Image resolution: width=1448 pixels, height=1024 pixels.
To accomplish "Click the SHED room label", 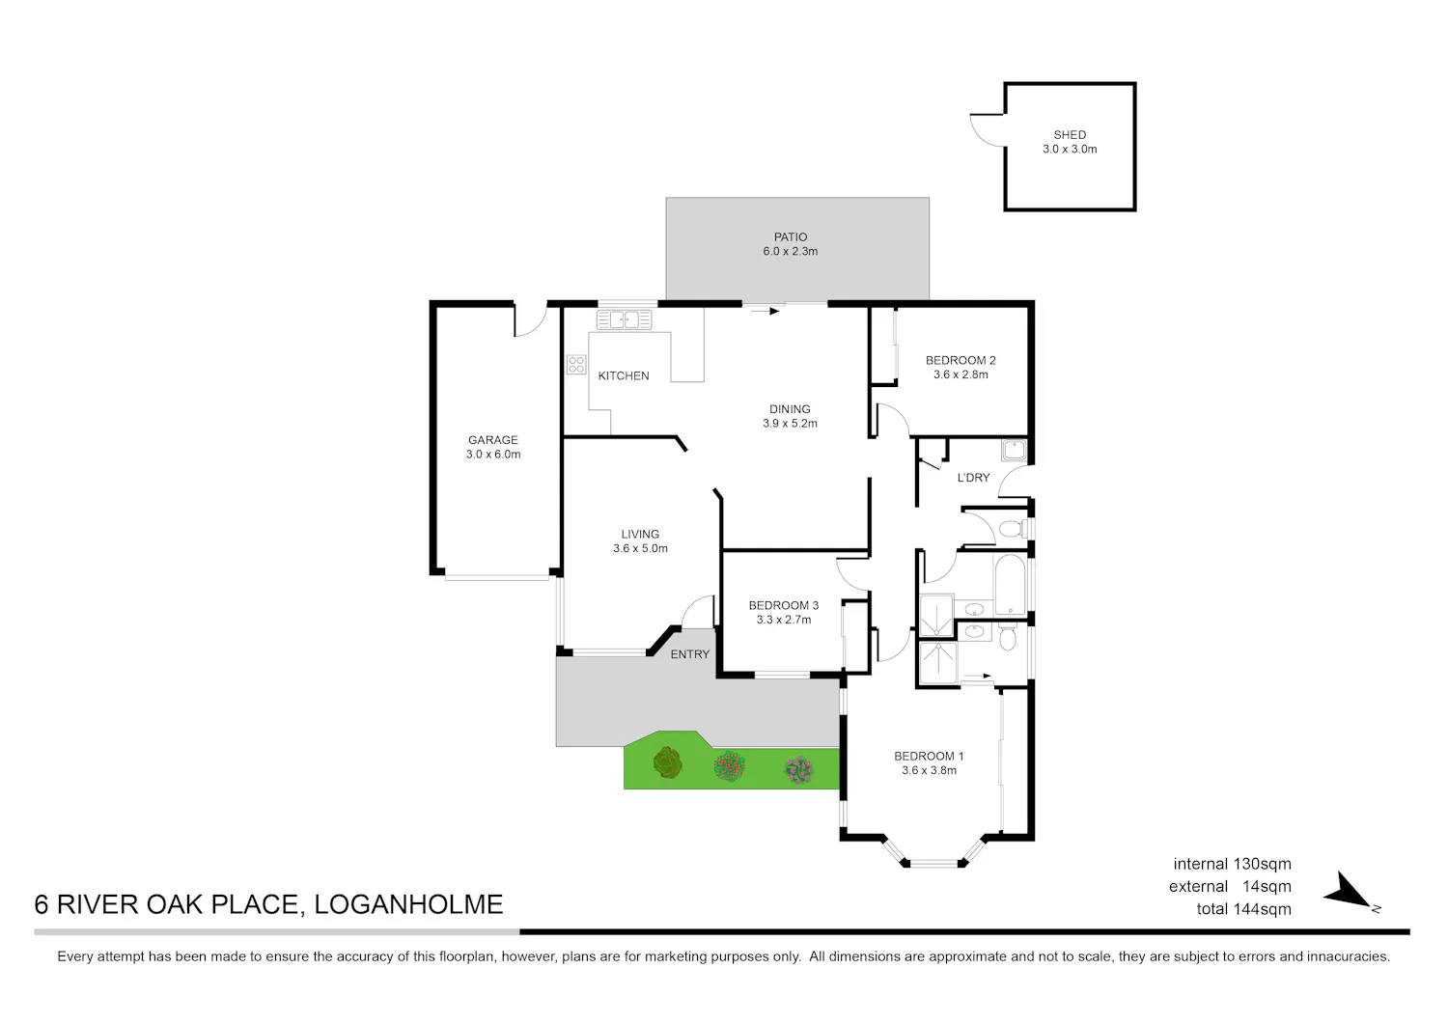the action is coord(1070,135).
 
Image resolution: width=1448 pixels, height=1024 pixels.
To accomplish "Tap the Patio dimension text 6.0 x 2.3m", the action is coord(790,252).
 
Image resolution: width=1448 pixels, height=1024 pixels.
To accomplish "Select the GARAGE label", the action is coord(493,440).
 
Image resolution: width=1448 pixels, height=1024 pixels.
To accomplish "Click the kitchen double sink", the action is coord(624,319).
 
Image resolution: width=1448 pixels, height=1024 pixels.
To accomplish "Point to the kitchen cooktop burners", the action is coord(576,365).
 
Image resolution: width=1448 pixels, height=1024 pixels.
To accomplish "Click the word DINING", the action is coord(790,409).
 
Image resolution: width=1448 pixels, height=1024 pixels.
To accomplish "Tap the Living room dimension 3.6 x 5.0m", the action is coord(641,549).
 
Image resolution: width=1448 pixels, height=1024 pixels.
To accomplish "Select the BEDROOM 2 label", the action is coord(961,361).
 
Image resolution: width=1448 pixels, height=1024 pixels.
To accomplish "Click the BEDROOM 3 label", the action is coord(784,606).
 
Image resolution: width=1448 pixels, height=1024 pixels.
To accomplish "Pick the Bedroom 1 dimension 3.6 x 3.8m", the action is coord(929,770).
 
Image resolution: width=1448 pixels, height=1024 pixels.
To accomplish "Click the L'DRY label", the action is coord(973,478).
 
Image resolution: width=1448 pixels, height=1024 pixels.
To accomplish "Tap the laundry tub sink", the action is coord(1014,450).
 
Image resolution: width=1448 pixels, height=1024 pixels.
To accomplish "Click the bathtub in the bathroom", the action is coord(1010,585).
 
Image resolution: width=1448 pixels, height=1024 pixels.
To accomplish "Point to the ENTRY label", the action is coord(690,654).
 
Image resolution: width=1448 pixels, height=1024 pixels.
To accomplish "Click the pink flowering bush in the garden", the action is coord(799,769).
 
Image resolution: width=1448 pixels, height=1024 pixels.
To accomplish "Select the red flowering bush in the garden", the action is coord(730,766).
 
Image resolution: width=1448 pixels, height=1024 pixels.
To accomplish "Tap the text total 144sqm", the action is coord(1243,909).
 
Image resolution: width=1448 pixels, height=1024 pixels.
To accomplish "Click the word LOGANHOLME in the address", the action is coord(408,904).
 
